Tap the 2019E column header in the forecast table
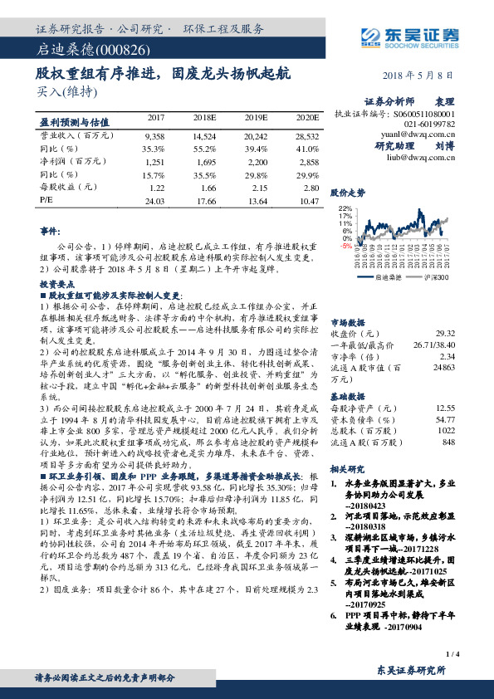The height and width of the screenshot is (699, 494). [x=257, y=118]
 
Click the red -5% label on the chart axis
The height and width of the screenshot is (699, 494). [x=345, y=246]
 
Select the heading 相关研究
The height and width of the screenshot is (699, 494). [x=349, y=469]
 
